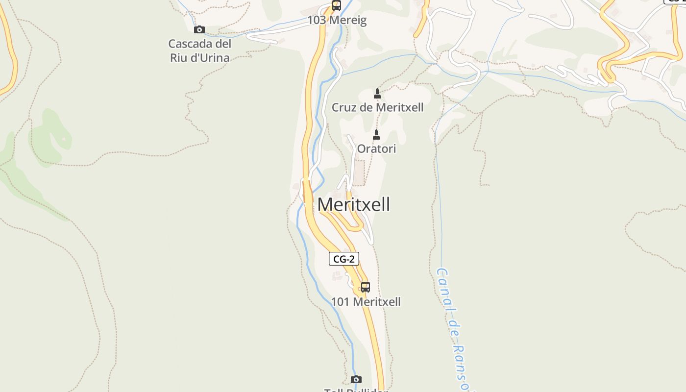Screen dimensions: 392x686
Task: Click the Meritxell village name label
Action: pos(354,204)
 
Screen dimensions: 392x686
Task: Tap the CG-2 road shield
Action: pos(343,259)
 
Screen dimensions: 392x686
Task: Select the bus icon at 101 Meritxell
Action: pos(366,287)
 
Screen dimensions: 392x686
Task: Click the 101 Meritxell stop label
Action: pos(366,302)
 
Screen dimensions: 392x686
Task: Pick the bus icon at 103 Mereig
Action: pos(336,6)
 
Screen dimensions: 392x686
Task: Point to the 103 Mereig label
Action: pos(337,21)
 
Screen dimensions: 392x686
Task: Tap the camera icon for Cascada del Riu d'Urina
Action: pos(199,29)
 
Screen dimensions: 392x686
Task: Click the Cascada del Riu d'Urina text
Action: pos(200,50)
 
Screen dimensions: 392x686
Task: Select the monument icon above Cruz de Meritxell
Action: pos(377,93)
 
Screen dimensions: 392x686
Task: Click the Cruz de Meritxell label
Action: pos(377,107)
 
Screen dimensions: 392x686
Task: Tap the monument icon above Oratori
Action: pos(376,134)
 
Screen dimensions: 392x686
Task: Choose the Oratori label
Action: pos(376,148)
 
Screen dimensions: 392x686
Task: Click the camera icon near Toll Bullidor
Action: pos(356,379)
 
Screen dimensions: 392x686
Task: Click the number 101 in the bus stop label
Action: pos(340,302)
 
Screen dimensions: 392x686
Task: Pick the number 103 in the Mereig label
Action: pos(317,21)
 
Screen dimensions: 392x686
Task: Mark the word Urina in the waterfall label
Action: pos(214,58)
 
